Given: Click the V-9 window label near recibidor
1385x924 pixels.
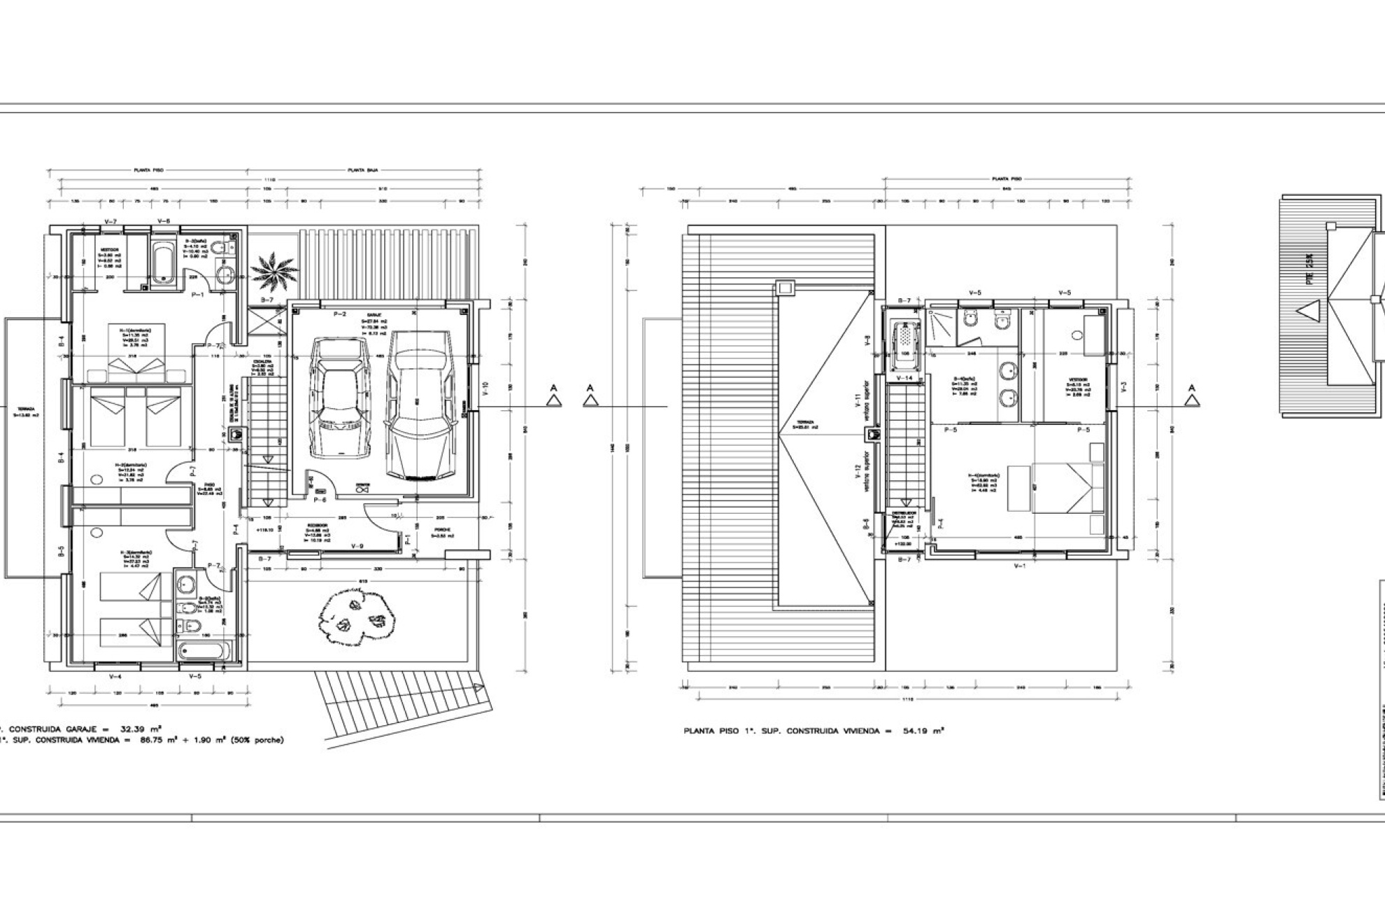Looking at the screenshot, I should tap(357, 546).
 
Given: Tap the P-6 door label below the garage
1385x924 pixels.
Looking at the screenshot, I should tap(320, 500).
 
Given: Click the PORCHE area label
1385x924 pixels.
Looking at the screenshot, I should tap(442, 529).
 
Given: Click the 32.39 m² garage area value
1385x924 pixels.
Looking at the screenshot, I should tap(137, 729).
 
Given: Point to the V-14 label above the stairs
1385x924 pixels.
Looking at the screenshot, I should tap(904, 378).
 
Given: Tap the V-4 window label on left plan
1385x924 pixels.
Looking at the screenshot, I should tap(115, 676).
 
